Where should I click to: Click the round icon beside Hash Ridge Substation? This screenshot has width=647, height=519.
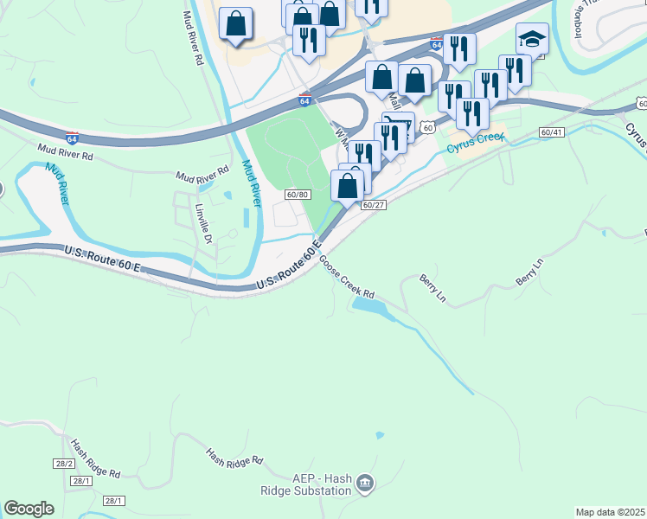point(364,482)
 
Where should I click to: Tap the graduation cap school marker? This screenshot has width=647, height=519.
point(532,39)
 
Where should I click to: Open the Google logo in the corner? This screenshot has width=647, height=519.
point(29,509)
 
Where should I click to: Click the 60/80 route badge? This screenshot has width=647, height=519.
point(297,195)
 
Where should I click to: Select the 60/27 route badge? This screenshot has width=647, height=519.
point(374,205)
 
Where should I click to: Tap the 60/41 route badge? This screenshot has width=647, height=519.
point(551,132)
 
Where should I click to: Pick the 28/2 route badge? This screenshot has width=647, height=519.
point(61,464)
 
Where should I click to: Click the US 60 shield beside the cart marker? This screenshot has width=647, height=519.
point(427,127)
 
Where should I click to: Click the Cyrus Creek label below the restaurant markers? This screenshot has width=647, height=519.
point(474,144)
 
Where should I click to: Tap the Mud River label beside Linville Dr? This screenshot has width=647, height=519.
point(251,183)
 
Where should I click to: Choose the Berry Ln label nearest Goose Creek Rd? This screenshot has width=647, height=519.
point(432,289)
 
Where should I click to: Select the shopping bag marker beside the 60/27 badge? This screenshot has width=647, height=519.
point(348,185)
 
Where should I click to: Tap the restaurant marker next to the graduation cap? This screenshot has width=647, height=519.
point(515,69)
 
